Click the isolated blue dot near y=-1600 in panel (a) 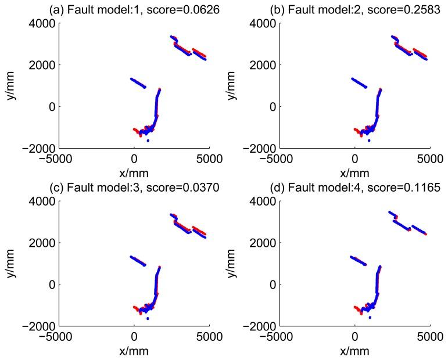tap(148, 141)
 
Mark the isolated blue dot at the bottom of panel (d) tap(369, 318)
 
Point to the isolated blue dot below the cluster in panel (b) tap(369, 140)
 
